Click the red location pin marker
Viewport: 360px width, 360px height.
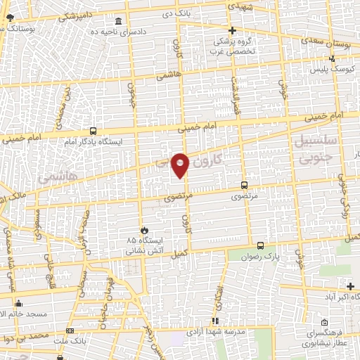pyautogui.click(x=180, y=165)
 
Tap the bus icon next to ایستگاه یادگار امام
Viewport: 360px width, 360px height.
pyautogui.click(x=94, y=131)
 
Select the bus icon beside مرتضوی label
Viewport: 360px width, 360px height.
pyautogui.click(x=244, y=186)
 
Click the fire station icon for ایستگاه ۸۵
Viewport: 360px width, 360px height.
pyautogui.click(x=145, y=230)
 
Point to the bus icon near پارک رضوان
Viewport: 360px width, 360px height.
pyautogui.click(x=261, y=245)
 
